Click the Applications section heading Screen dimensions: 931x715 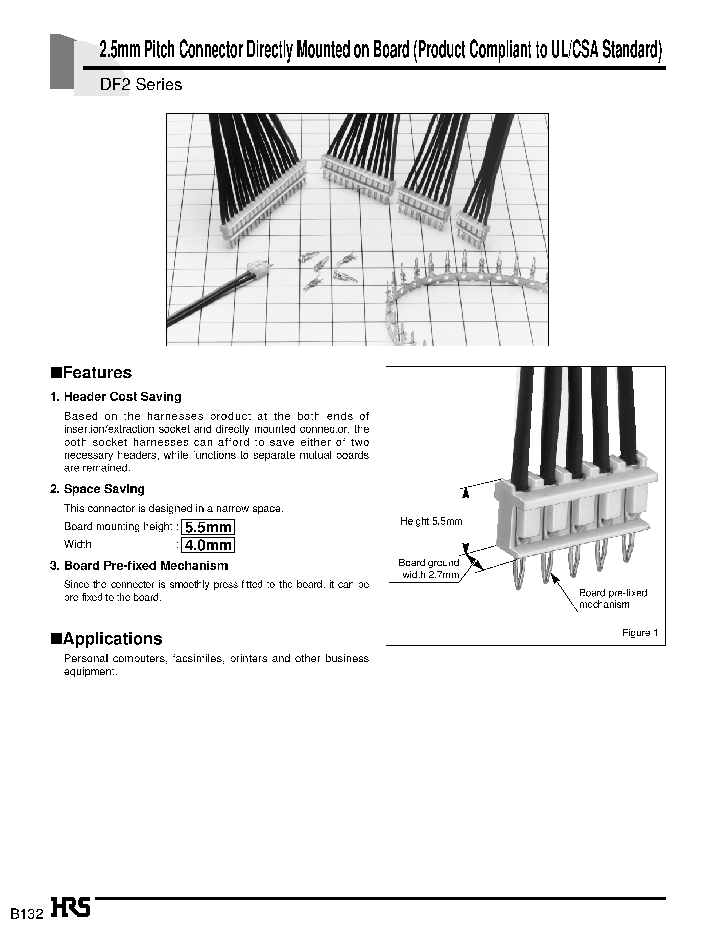tap(106, 638)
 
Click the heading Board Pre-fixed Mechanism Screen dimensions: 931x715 tap(146, 565)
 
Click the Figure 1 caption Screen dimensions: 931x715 tap(640, 633)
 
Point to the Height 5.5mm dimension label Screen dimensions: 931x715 tap(431, 521)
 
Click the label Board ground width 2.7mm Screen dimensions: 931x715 tap(429, 568)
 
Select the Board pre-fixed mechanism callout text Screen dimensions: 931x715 tap(613, 599)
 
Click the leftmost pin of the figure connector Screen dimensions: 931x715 tap(518, 575)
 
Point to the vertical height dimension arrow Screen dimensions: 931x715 tap(466, 520)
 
